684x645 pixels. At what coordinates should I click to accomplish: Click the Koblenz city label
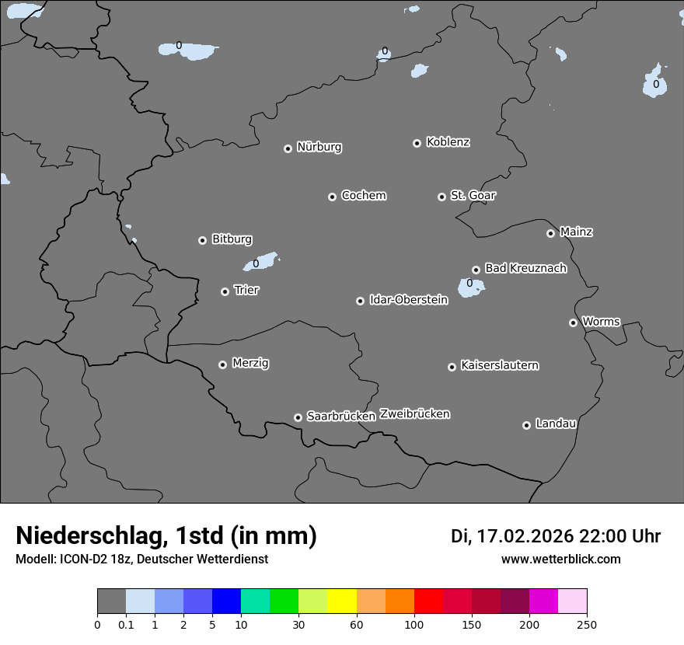click(448, 142)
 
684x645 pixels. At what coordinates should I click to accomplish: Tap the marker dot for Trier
click(225, 291)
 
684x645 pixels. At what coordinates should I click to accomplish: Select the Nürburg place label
click(319, 147)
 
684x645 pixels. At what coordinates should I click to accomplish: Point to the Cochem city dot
click(332, 197)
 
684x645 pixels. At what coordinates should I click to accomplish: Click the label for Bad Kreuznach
click(525, 268)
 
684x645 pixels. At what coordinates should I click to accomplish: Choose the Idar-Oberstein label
click(408, 300)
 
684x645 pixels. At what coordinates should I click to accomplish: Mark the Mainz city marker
click(550, 233)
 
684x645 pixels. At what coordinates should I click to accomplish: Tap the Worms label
click(601, 321)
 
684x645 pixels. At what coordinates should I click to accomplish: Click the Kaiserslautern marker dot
click(452, 367)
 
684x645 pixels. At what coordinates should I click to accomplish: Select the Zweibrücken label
click(414, 413)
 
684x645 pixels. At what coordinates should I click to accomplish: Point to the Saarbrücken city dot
click(298, 417)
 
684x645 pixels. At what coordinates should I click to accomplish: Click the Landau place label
click(556, 424)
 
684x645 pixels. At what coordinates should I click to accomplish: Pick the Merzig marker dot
click(222, 364)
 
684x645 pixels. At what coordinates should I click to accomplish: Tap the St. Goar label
click(473, 195)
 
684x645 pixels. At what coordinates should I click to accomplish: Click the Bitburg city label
click(232, 239)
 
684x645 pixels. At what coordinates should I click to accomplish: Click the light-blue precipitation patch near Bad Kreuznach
click(471, 288)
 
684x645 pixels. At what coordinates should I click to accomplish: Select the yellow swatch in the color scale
click(342, 601)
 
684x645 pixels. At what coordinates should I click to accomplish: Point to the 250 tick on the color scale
click(587, 624)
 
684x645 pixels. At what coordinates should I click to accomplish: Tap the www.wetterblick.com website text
click(560, 559)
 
